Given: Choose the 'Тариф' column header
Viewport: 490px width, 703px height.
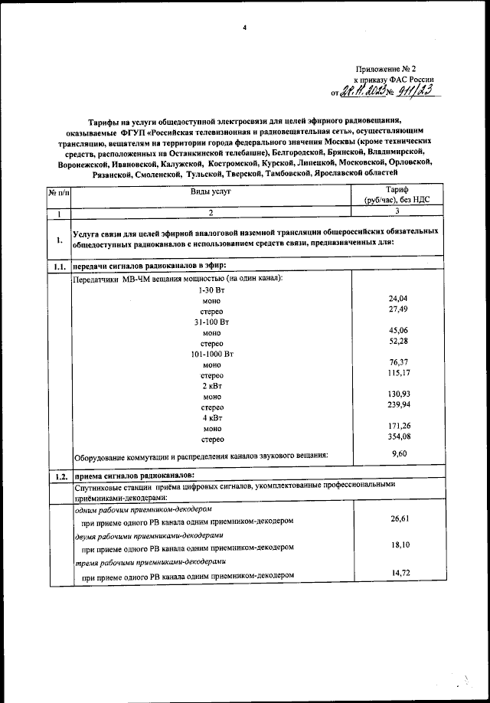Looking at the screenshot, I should pyautogui.click(x=397, y=195).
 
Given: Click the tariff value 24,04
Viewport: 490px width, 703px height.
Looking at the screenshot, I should pyautogui.click(x=398, y=296).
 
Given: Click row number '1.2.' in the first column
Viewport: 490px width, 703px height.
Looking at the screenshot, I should pyautogui.click(x=58, y=476).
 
